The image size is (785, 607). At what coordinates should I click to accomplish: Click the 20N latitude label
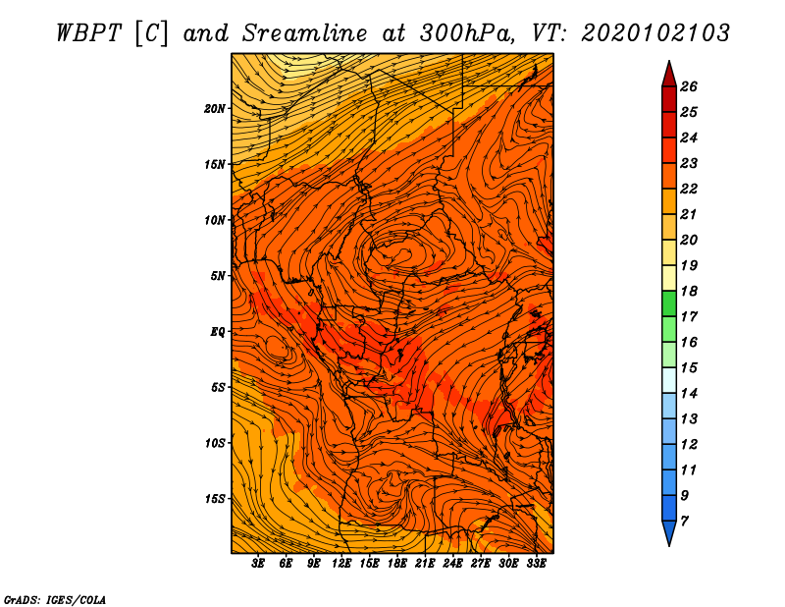click(x=214, y=109)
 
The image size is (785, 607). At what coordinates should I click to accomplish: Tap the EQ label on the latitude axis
click(x=217, y=332)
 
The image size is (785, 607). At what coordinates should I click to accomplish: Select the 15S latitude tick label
click(x=214, y=499)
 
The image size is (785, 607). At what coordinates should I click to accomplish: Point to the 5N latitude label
click(x=218, y=276)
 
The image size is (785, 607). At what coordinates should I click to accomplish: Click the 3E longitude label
click(x=258, y=564)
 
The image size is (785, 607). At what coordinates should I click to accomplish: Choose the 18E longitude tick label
click(x=397, y=564)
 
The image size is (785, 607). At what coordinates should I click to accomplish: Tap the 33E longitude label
click(x=536, y=564)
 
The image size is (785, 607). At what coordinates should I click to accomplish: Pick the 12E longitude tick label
click(x=341, y=564)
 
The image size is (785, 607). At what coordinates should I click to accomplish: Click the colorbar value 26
click(x=689, y=86)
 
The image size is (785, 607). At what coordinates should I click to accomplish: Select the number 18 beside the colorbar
click(x=689, y=291)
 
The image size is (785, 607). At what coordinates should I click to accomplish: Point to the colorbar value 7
click(x=684, y=522)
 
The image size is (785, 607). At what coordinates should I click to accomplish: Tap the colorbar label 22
click(x=689, y=189)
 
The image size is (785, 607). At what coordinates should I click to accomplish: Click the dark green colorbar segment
click(x=669, y=303)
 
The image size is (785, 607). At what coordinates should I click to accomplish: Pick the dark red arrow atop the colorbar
click(x=669, y=76)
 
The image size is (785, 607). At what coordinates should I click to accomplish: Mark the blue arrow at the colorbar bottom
click(x=669, y=531)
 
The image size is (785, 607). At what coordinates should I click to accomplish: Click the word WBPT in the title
click(x=89, y=33)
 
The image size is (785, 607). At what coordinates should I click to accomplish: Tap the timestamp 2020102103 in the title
click(x=655, y=33)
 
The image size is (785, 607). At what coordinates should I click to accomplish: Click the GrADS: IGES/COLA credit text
click(x=55, y=600)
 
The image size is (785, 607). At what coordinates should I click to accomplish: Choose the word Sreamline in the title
click(x=305, y=33)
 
